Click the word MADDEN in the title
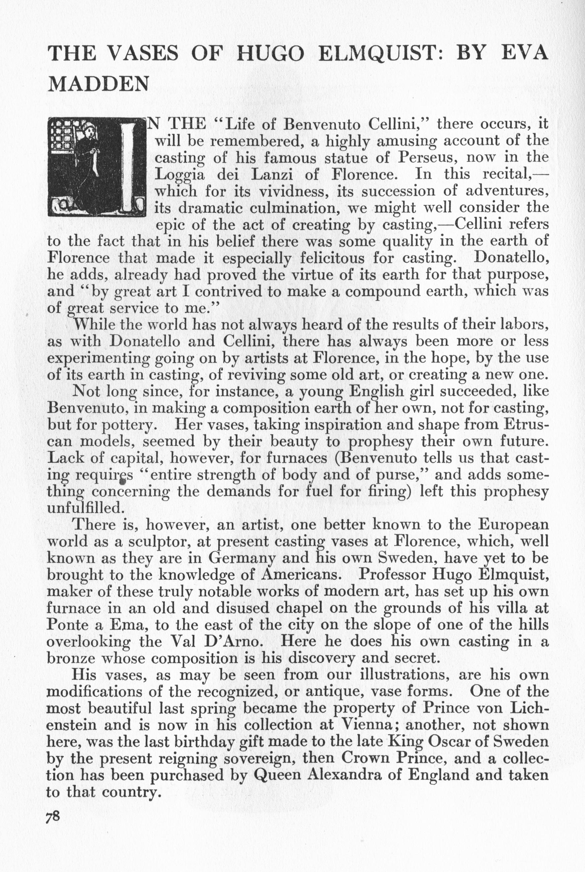tap(99, 84)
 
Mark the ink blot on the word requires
tap(122, 483)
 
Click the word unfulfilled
tap(84, 508)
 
